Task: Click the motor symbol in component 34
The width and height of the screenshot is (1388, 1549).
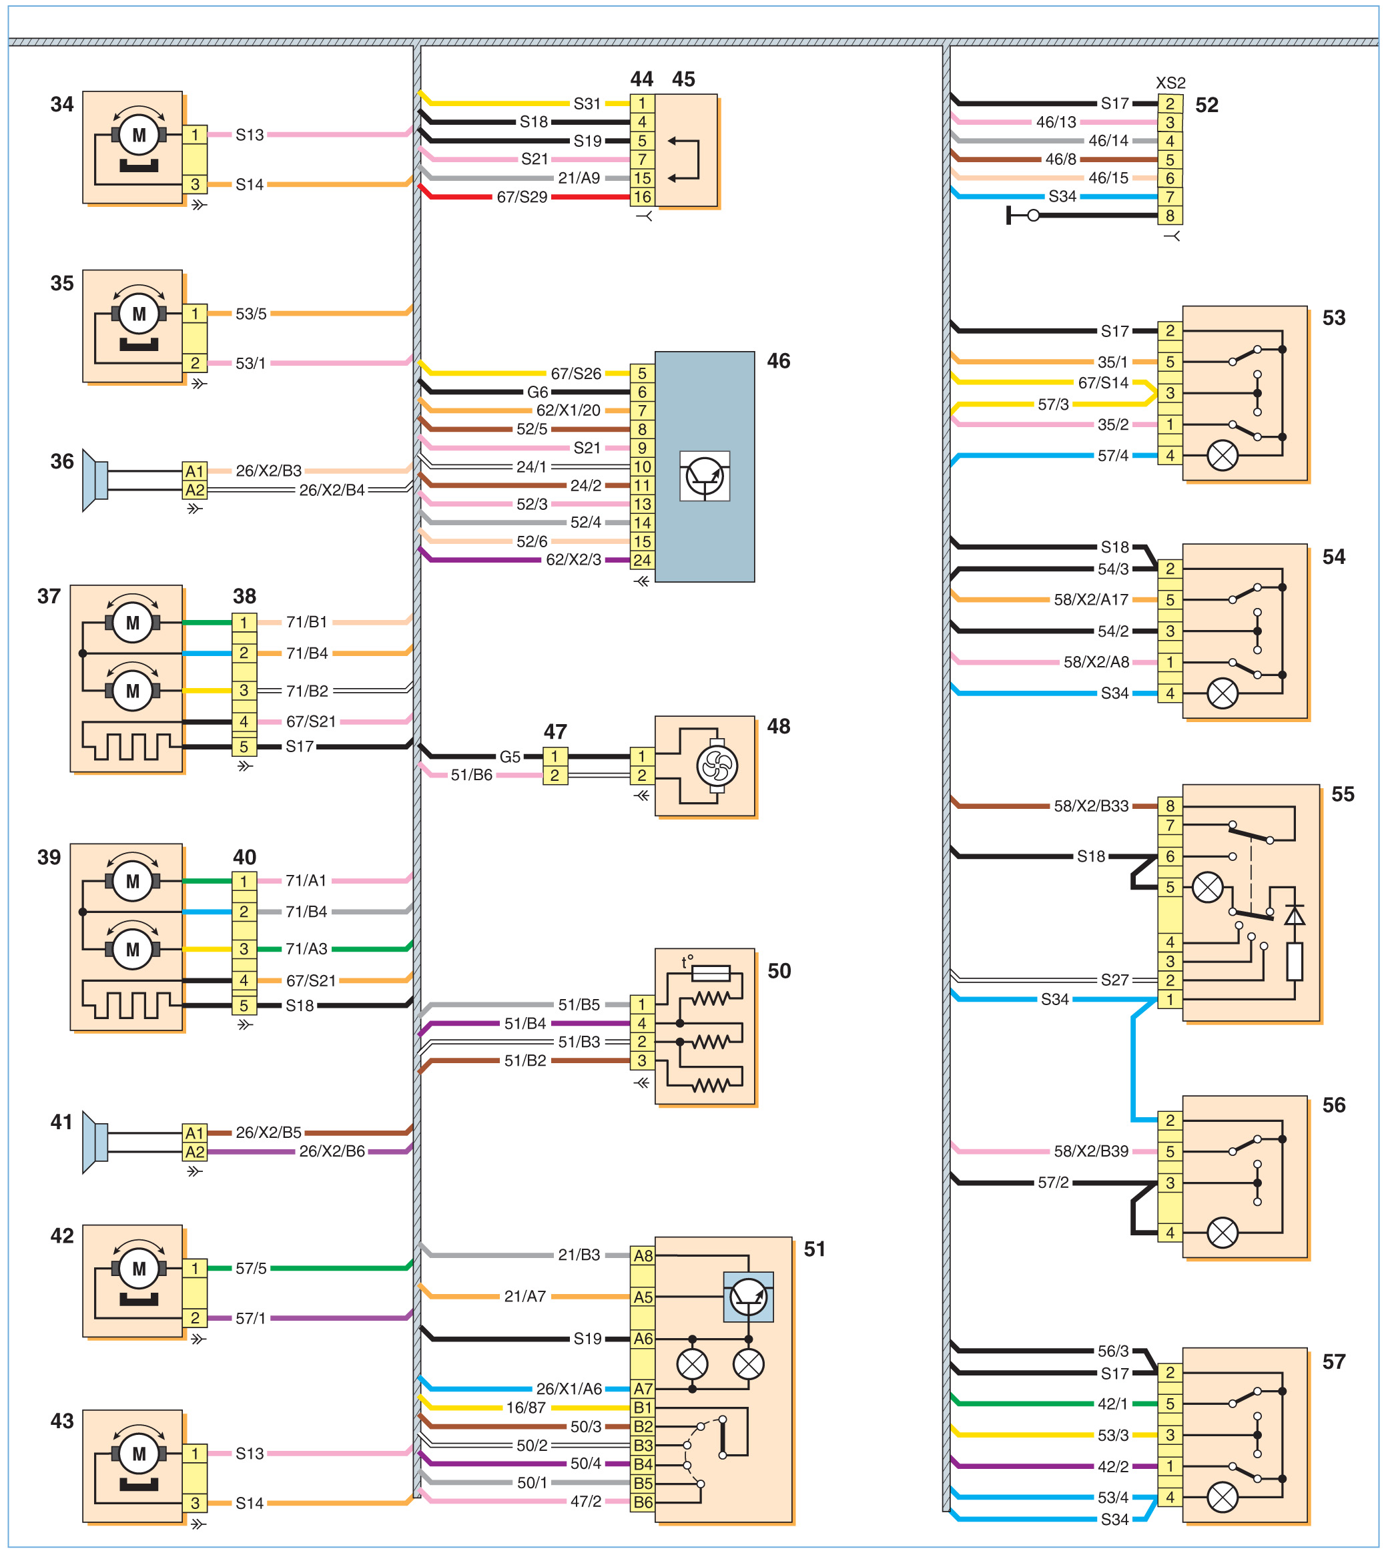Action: coord(139,135)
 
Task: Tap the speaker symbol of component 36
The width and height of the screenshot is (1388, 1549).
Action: coord(95,481)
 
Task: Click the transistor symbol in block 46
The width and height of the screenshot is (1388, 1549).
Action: coord(704,476)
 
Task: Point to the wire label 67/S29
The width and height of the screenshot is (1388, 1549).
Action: coord(522,197)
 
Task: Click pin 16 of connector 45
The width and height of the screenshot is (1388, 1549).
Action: coord(642,197)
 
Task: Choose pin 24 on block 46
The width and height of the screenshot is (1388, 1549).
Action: coord(642,560)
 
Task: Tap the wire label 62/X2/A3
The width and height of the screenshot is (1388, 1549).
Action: coord(573,560)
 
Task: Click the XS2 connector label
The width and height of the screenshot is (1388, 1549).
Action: coord(1170,82)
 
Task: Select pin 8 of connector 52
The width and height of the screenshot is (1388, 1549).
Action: coord(1169,216)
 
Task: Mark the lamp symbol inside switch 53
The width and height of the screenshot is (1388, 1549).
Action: coord(1222,456)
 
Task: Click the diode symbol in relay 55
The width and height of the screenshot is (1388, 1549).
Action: coord(1294,914)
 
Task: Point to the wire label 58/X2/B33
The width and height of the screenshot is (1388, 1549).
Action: coord(1090,806)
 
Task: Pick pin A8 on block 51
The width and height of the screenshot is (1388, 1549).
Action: coord(642,1255)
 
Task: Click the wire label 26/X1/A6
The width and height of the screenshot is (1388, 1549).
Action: coord(568,1389)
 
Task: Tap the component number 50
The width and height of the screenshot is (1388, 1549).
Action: coord(779,971)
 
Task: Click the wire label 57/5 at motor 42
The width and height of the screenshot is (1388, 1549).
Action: coord(251,1268)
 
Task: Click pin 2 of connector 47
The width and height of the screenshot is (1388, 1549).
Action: coord(555,776)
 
